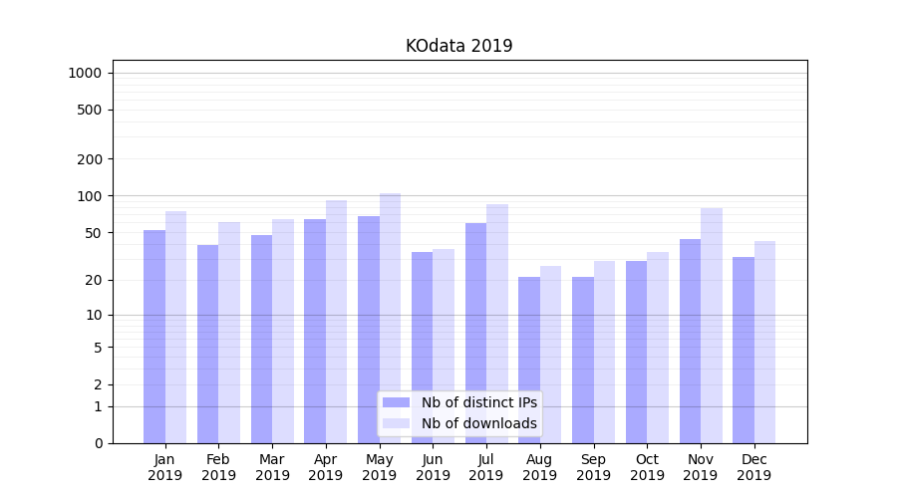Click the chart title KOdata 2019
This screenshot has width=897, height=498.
458,46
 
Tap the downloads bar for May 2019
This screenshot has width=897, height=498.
390,318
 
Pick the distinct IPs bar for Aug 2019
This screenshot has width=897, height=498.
529,360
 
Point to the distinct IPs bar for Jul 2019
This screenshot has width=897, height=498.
475,333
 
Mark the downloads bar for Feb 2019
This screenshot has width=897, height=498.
229,333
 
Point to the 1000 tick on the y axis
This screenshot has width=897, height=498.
85,73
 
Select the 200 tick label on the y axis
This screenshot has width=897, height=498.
91,159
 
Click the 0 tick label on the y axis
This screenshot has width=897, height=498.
98,443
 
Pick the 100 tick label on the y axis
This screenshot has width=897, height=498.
91,196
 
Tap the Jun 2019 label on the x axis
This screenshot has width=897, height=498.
433,467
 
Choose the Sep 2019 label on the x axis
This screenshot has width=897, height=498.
593,467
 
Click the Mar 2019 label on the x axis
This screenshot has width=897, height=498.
272,467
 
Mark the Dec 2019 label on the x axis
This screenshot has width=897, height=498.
753,467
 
